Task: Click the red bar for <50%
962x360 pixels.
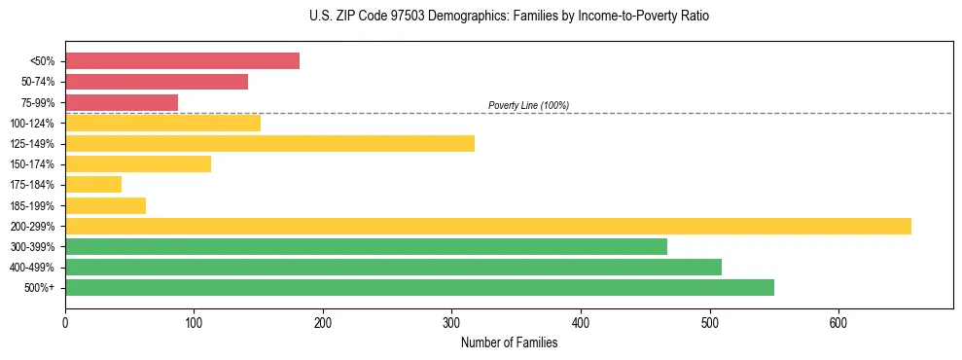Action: (x=182, y=60)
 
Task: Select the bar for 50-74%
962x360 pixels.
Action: (x=156, y=82)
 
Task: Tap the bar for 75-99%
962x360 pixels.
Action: (x=122, y=102)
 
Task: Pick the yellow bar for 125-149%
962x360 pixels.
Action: (x=269, y=144)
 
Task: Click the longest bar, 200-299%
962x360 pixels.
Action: (x=487, y=226)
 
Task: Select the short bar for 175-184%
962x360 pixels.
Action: (x=93, y=185)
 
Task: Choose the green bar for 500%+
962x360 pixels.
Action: (x=419, y=287)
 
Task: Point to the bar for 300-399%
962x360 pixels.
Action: (x=366, y=246)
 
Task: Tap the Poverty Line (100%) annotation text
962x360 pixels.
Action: (x=528, y=105)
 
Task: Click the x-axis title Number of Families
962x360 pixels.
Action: (x=509, y=342)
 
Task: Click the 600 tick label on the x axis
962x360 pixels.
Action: (x=838, y=322)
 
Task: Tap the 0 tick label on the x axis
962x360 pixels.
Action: (x=65, y=322)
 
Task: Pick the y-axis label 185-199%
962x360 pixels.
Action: (x=32, y=205)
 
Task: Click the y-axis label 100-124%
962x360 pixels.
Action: (x=32, y=124)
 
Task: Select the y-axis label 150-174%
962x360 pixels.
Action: (x=32, y=164)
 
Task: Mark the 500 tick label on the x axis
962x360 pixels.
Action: (x=710, y=322)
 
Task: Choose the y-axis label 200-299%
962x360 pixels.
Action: (x=32, y=226)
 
